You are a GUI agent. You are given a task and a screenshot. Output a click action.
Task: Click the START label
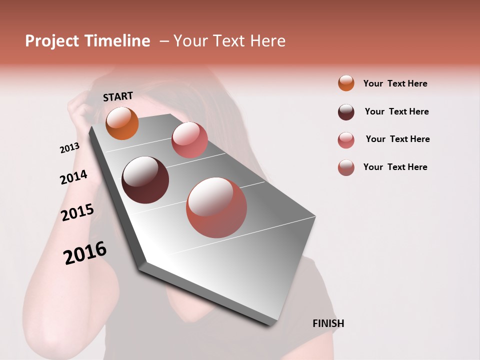[x=118, y=96]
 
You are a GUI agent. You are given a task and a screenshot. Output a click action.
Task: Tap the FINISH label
[x=328, y=323]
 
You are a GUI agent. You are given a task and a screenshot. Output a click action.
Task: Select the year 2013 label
[x=69, y=148]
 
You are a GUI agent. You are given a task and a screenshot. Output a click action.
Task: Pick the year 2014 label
[x=74, y=177]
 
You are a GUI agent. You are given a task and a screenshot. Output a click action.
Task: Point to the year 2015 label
[x=77, y=212]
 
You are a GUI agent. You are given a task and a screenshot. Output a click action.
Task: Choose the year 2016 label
[x=85, y=253]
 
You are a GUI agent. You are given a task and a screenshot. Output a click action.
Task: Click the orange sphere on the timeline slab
[x=122, y=123]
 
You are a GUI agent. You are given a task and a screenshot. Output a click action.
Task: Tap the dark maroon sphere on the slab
[x=145, y=180]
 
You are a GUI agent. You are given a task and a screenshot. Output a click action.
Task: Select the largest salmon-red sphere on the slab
[x=216, y=207]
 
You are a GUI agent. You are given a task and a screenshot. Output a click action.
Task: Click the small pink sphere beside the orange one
[x=189, y=140]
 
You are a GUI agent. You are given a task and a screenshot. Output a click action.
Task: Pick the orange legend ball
[x=346, y=83]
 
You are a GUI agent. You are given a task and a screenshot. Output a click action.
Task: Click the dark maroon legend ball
[x=346, y=111]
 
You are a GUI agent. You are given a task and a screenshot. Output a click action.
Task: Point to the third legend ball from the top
[x=346, y=139]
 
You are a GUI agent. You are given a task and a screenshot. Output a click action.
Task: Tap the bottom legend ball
[x=346, y=167]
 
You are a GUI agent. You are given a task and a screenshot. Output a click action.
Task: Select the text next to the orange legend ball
[x=395, y=83]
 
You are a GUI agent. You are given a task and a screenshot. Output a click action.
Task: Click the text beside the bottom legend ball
[x=395, y=167]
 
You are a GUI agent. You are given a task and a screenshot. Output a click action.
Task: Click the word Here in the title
[x=267, y=41]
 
